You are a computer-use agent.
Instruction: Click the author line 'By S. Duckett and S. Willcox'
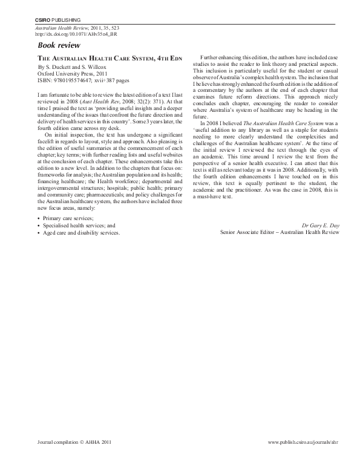73,64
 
